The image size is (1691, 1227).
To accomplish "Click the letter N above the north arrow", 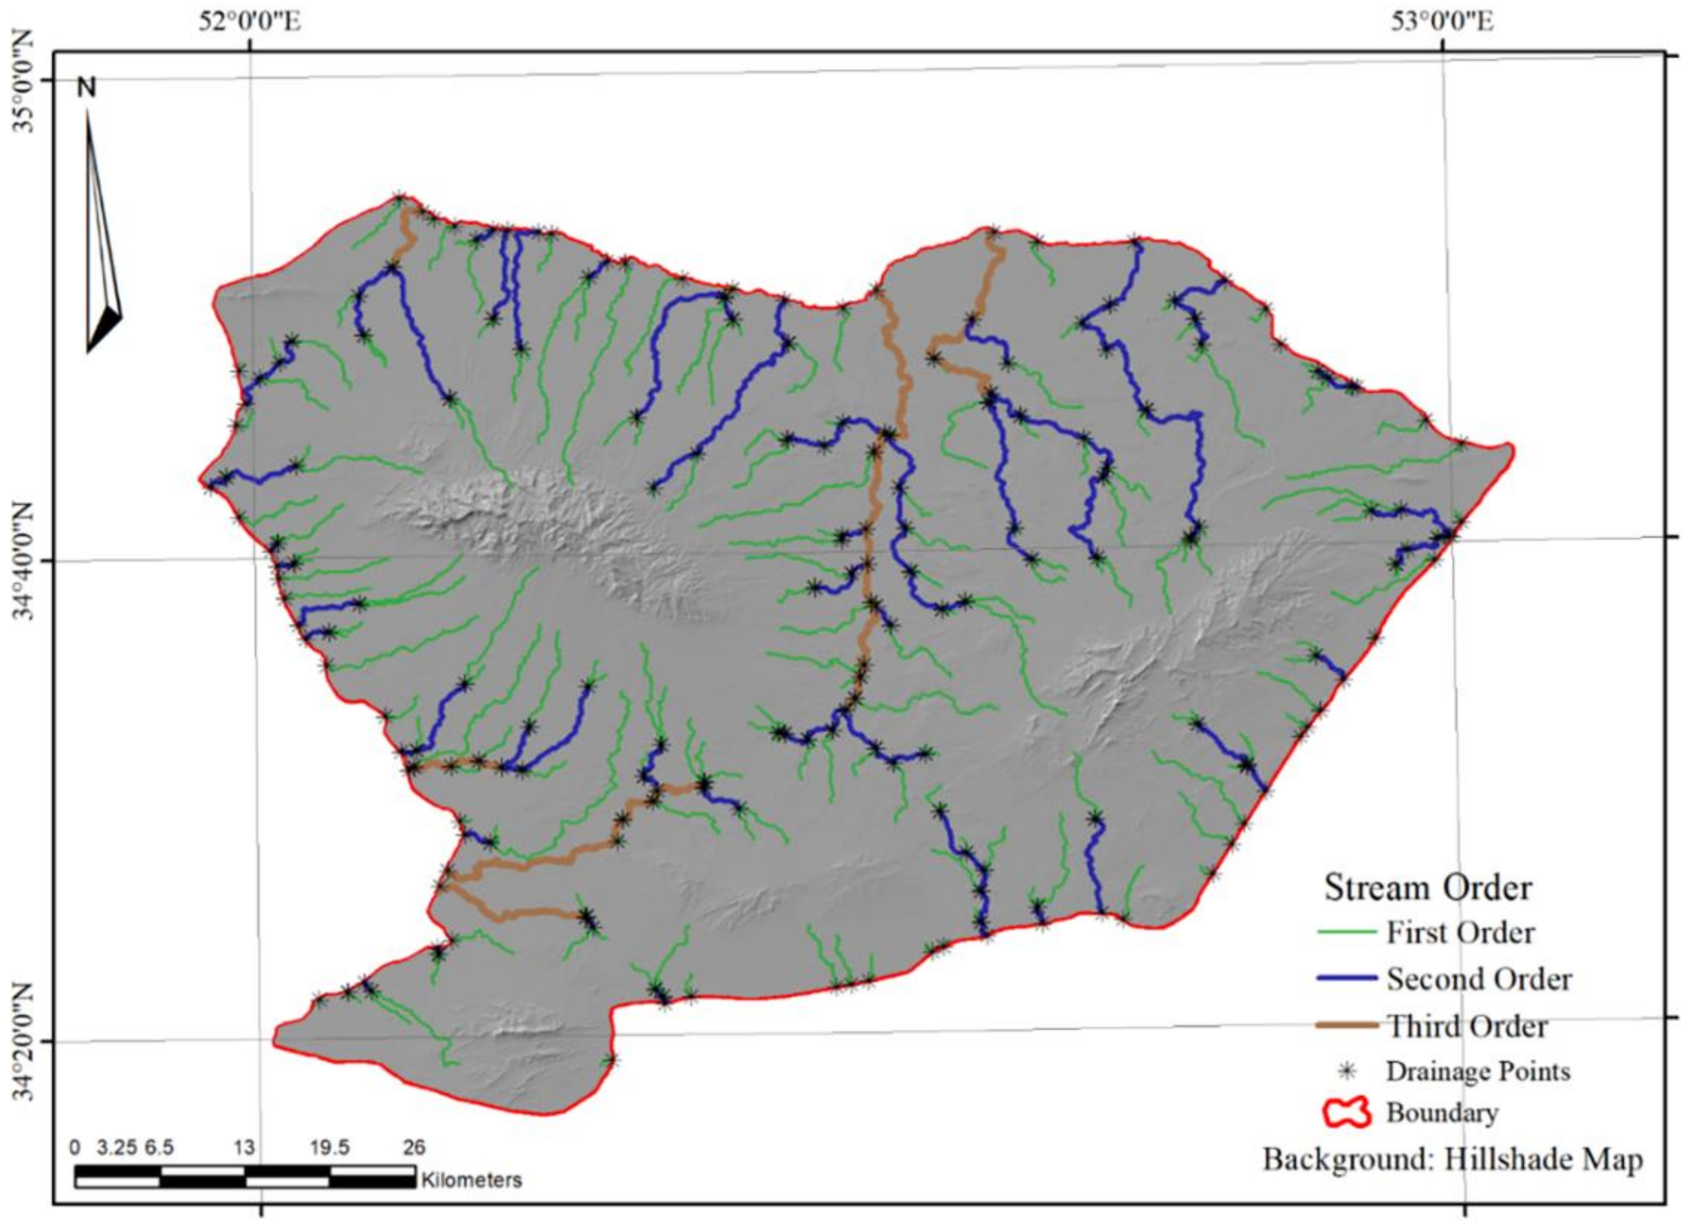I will coord(88,89).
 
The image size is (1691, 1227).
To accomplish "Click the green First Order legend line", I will coord(1346,932).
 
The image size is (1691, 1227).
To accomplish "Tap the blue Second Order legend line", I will coord(1346,978).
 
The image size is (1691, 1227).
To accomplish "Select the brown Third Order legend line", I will coord(1346,1026).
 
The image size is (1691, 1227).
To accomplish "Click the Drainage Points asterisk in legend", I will coord(1346,1071).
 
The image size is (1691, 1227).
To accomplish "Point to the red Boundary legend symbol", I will coord(1346,1113).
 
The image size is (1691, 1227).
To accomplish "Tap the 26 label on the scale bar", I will coord(414,1147).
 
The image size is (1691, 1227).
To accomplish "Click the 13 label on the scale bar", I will coord(244,1147).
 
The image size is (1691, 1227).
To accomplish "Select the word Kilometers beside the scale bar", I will coord(471,1180).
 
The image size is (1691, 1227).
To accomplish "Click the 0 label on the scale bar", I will coord(74,1147).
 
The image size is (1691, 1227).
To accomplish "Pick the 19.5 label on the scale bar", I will coord(330,1147).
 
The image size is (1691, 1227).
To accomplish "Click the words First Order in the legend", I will coord(1460,932).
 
